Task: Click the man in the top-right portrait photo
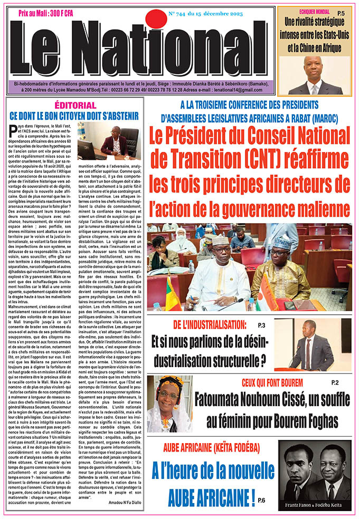tap(315, 72)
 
